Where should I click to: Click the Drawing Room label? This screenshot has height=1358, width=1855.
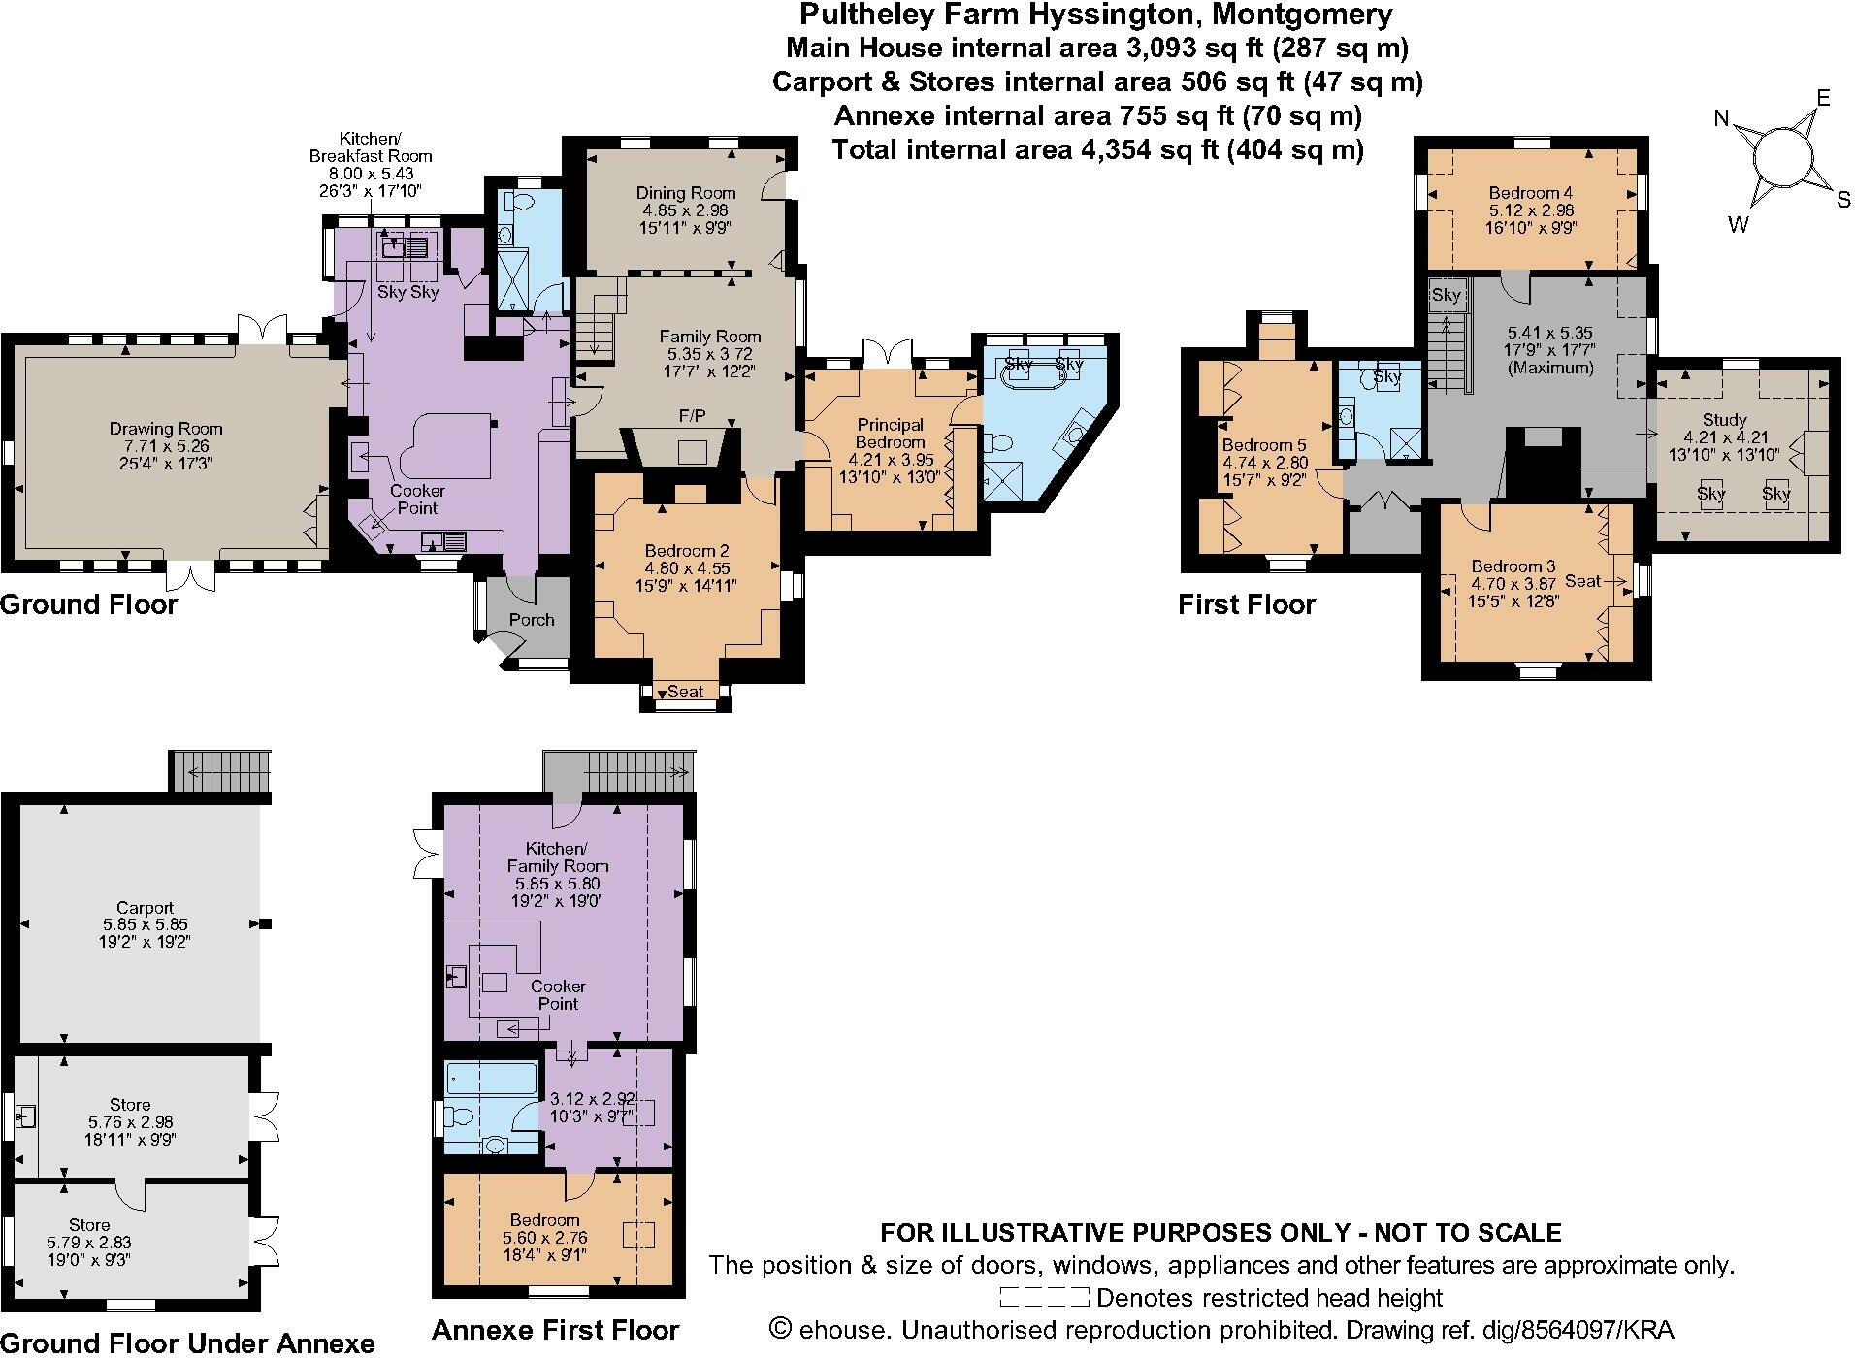pos(166,428)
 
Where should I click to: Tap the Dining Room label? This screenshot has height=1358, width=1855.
pos(685,193)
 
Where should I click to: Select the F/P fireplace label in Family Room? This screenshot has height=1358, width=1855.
pos(692,416)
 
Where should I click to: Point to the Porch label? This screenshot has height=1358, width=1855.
pos(532,620)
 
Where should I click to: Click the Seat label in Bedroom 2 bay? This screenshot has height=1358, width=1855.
pos(685,692)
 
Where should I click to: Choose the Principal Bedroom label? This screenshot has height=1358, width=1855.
pos(891,433)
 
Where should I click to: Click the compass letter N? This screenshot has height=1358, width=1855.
pos(1722,119)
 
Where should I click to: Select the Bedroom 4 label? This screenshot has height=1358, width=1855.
pos(1531,193)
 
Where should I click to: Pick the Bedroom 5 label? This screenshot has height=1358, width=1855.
pos(1264,446)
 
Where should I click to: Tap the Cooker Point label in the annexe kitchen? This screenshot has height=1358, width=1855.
pos(558,995)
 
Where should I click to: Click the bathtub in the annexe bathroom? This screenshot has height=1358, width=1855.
pos(491,1077)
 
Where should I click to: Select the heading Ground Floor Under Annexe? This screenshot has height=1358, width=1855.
pos(187,1342)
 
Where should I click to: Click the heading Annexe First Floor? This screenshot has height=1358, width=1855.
pos(555,1330)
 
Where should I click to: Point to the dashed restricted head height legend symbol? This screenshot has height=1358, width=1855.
pos(1044,1298)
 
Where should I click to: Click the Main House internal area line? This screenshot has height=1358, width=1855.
pos(1096,47)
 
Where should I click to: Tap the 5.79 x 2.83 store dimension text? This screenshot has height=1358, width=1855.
pos(88,1242)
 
